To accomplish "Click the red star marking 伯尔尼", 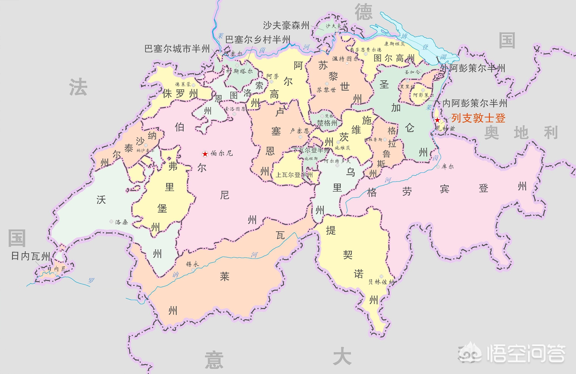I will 205,154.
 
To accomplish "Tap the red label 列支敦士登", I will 478,118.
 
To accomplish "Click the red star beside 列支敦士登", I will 437,120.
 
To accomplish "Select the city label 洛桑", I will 121,222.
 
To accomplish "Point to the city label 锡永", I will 192,264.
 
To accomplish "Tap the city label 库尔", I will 447,167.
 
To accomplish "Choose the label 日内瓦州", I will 31,256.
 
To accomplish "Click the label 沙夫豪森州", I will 286,25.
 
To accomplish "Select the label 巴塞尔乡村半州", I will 257,39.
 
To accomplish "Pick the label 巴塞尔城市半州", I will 177,49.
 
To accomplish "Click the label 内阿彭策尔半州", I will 474,103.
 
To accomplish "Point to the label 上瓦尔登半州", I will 294,175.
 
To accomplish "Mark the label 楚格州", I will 327,123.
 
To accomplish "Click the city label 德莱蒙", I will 183,84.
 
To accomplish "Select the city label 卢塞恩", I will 299,131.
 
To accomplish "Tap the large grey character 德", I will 363,12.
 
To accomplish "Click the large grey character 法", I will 78,87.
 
